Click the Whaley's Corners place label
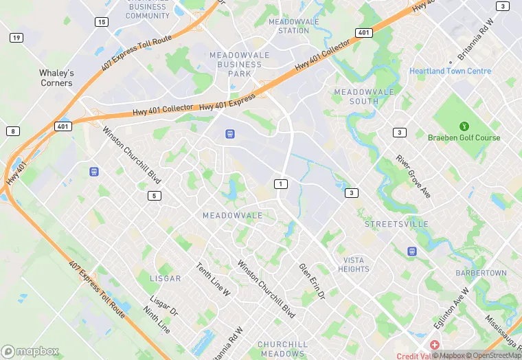(56, 78)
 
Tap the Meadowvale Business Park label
(236, 64)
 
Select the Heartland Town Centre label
(450, 71)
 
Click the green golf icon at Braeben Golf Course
(464, 126)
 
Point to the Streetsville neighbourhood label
(396, 224)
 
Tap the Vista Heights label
(353, 265)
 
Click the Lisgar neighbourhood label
(166, 278)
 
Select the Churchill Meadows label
(281, 348)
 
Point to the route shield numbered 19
(16, 37)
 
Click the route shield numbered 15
(102, 22)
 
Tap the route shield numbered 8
(12, 131)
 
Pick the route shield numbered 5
(154, 196)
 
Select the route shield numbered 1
(280, 183)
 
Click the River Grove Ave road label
(413, 177)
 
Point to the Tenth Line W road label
(213, 280)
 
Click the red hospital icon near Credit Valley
(435, 344)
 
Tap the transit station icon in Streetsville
(411, 251)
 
